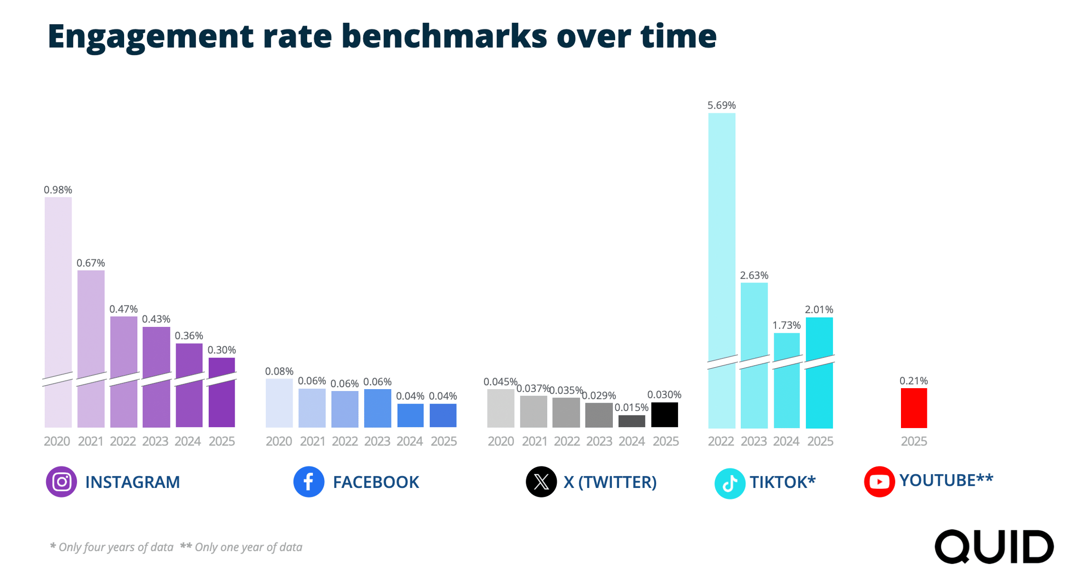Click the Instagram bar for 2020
(58, 292)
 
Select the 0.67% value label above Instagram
(91, 263)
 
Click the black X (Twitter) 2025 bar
(664, 415)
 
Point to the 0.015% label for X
(631, 407)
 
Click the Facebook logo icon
(309, 482)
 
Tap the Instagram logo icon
(61, 482)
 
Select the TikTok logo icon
(729, 483)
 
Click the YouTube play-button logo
(879, 482)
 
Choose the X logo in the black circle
(541, 482)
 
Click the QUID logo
(994, 547)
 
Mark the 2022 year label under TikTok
(721, 441)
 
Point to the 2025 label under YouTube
(914, 441)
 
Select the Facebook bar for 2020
(279, 403)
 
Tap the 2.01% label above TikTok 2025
(819, 309)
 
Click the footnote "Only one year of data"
(248, 547)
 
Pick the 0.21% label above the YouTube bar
(913, 380)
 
